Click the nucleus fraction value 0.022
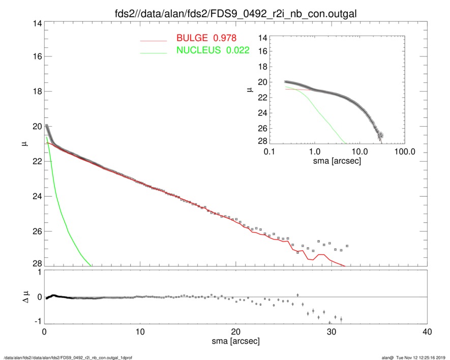coord(239,50)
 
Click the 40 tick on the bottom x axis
coord(427,332)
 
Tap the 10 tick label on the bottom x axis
coord(140,332)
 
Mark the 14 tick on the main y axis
coord(37,24)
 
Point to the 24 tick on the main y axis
coord(37,196)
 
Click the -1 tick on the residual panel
coord(38,322)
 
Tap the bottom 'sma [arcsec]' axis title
coord(235,341)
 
